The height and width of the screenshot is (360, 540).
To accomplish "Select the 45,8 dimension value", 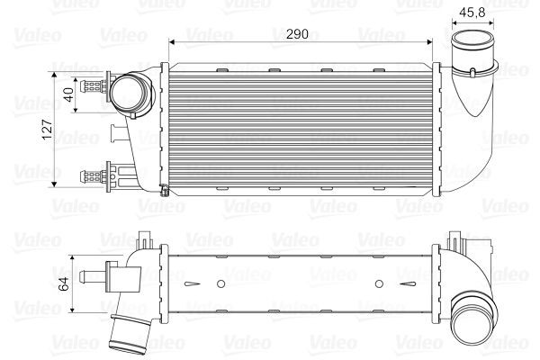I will click(473, 13).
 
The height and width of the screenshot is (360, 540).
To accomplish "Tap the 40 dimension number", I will click(67, 92).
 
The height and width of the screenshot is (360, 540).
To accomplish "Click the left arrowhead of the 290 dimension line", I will click(172, 43).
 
